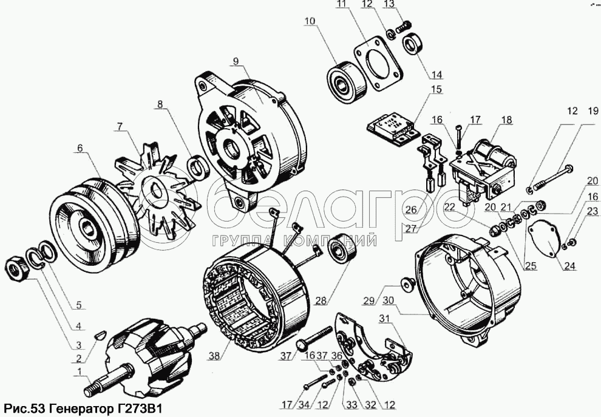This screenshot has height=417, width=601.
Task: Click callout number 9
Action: pos(236,61)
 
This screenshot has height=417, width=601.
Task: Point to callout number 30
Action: pos(388,300)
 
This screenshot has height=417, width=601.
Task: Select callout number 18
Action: pos(506,120)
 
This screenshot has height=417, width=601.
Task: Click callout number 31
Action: pos(385,318)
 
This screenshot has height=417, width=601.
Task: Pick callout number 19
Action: pos(593,111)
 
